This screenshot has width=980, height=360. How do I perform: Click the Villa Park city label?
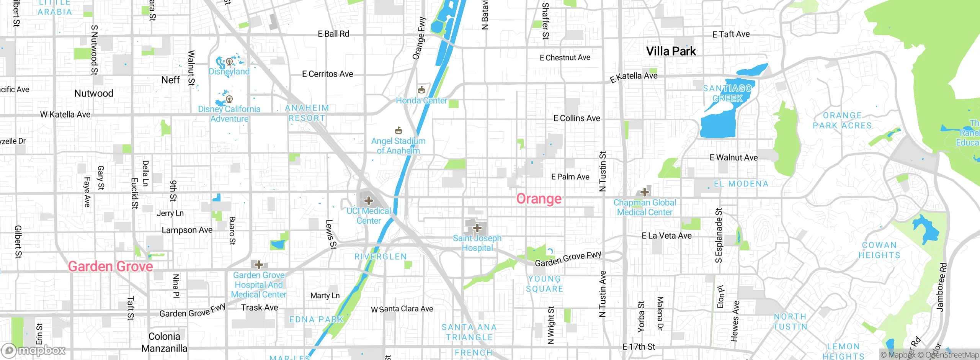671,51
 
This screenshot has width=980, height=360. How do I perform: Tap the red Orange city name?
539,199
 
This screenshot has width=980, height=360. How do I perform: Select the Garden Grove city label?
110,267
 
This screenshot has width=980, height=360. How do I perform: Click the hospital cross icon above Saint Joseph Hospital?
477,228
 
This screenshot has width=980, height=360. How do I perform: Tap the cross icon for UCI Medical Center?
368,201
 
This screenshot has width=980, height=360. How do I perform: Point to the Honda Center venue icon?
421,90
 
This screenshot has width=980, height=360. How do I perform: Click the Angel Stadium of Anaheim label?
398,146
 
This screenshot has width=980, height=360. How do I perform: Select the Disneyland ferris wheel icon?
229,61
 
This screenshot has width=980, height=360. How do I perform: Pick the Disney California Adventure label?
229,114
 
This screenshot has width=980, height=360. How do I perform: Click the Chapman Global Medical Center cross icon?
645,192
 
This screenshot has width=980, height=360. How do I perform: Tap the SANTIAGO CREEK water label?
727,93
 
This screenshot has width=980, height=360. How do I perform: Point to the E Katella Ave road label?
634,77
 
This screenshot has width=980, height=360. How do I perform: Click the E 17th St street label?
639,347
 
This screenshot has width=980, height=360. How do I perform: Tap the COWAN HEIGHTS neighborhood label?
879,250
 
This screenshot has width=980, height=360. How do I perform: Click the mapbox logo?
34,350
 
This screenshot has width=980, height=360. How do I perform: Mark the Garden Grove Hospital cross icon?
259,265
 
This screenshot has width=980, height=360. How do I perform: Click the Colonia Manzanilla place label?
164,342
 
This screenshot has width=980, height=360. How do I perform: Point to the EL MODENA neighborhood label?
741,184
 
